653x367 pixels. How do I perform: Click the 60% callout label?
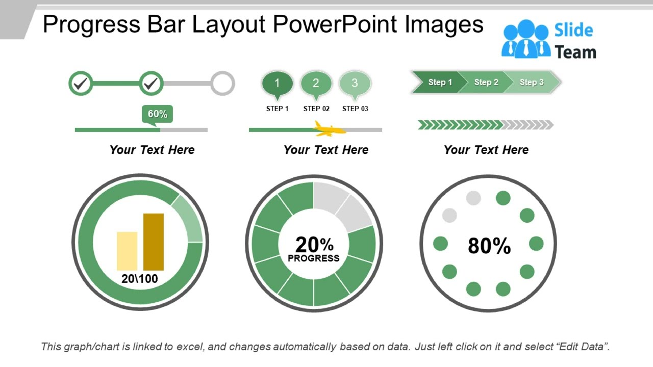pyautogui.click(x=157, y=114)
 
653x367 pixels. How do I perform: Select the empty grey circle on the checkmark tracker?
pyautogui.click(x=222, y=83)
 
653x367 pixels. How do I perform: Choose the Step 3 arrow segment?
pyautogui.click(x=532, y=82)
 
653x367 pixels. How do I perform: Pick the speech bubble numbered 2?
pyautogui.click(x=316, y=83)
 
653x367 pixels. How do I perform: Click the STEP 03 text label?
pyautogui.click(x=355, y=109)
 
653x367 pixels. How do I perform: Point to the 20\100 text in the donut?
pyautogui.click(x=140, y=279)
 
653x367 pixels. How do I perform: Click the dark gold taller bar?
pyautogui.click(x=154, y=242)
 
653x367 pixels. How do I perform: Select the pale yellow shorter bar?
pyautogui.click(x=127, y=251)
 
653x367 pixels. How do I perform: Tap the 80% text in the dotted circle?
pyautogui.click(x=489, y=246)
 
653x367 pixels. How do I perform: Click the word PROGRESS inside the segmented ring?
pyautogui.click(x=313, y=258)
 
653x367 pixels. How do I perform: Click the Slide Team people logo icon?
pyautogui.click(x=526, y=40)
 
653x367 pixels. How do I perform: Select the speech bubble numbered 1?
pyautogui.click(x=277, y=83)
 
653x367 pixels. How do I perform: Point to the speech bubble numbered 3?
pyautogui.click(x=355, y=83)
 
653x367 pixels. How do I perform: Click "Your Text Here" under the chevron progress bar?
pyautogui.click(x=486, y=150)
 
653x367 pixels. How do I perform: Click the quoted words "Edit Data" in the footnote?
pyautogui.click(x=582, y=347)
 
